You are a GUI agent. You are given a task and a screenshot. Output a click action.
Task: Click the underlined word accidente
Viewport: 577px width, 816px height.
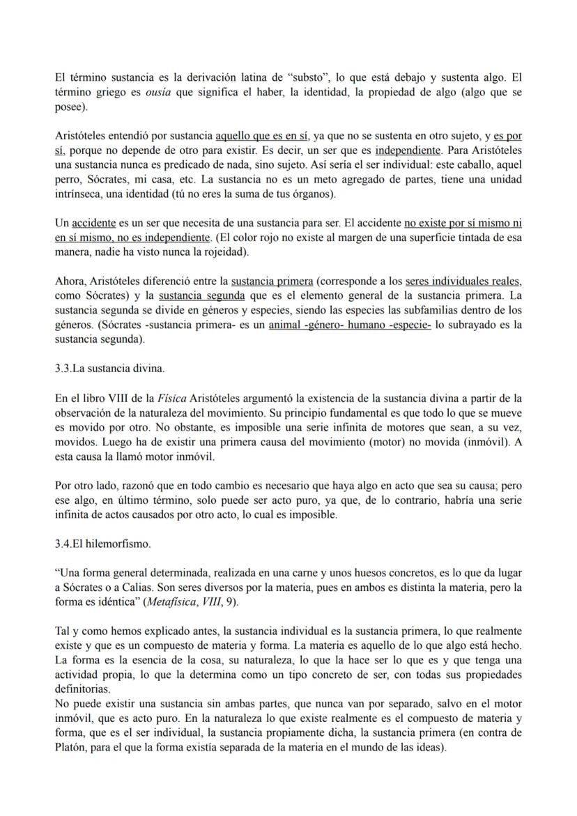95,224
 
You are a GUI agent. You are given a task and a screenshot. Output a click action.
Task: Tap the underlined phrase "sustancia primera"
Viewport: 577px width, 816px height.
272,282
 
